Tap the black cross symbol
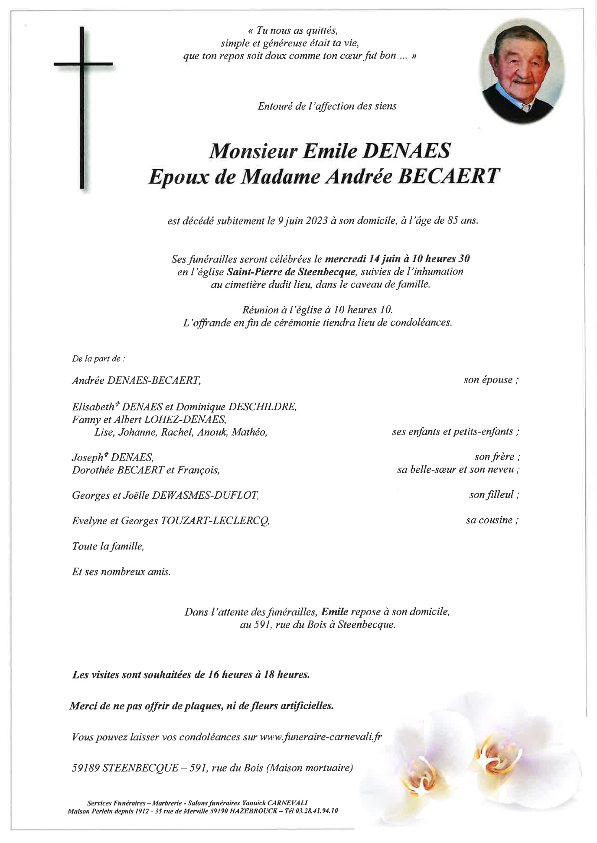82,108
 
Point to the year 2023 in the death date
316,221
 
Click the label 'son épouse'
491,380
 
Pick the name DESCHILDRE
262,407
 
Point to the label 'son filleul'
493,494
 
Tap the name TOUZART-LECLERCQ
215,520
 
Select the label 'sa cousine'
492,520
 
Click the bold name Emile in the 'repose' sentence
335,612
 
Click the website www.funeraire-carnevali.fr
320,737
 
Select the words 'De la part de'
98,359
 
